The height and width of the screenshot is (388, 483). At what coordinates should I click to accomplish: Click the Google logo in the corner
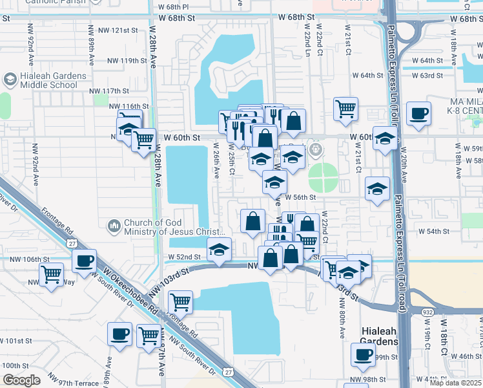coord(21,380)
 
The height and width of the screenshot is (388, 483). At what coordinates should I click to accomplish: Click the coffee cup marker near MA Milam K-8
coord(418,114)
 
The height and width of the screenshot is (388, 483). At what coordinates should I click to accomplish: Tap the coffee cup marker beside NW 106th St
coord(84,261)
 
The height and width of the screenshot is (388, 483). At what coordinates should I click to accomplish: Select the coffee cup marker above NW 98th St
coord(363,354)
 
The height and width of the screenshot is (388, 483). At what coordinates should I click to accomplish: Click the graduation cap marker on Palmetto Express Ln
coord(385,138)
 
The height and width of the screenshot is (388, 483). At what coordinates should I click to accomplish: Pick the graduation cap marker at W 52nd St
coord(219,249)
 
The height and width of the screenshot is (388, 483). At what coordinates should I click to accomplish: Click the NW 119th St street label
coord(127,61)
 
